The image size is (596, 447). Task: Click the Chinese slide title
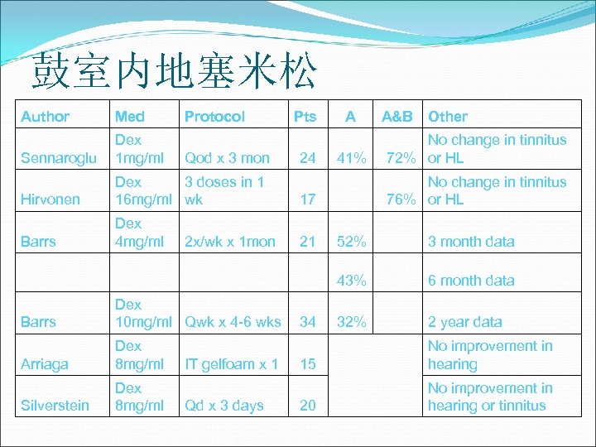pos(174,73)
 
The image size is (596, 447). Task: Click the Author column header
pos(45,117)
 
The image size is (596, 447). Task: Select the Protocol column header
pos(214,117)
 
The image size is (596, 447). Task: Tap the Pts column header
pos(305,117)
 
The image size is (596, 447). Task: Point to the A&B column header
pos(396,117)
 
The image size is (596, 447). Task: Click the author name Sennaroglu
pos(59,158)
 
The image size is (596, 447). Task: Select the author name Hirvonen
pos(50,199)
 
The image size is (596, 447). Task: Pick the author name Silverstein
pos(55,406)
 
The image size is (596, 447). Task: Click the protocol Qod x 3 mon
pos(227,158)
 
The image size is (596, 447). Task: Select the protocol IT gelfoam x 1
pos(231,364)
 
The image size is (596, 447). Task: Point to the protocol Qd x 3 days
pos(223,406)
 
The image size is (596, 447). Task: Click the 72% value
pos(404,158)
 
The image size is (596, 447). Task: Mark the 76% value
pos(404,199)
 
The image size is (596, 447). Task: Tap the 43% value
pos(351,281)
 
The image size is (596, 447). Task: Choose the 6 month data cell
pos(470,281)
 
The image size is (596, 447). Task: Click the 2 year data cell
pos(464,322)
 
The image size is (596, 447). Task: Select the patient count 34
pos(307,322)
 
